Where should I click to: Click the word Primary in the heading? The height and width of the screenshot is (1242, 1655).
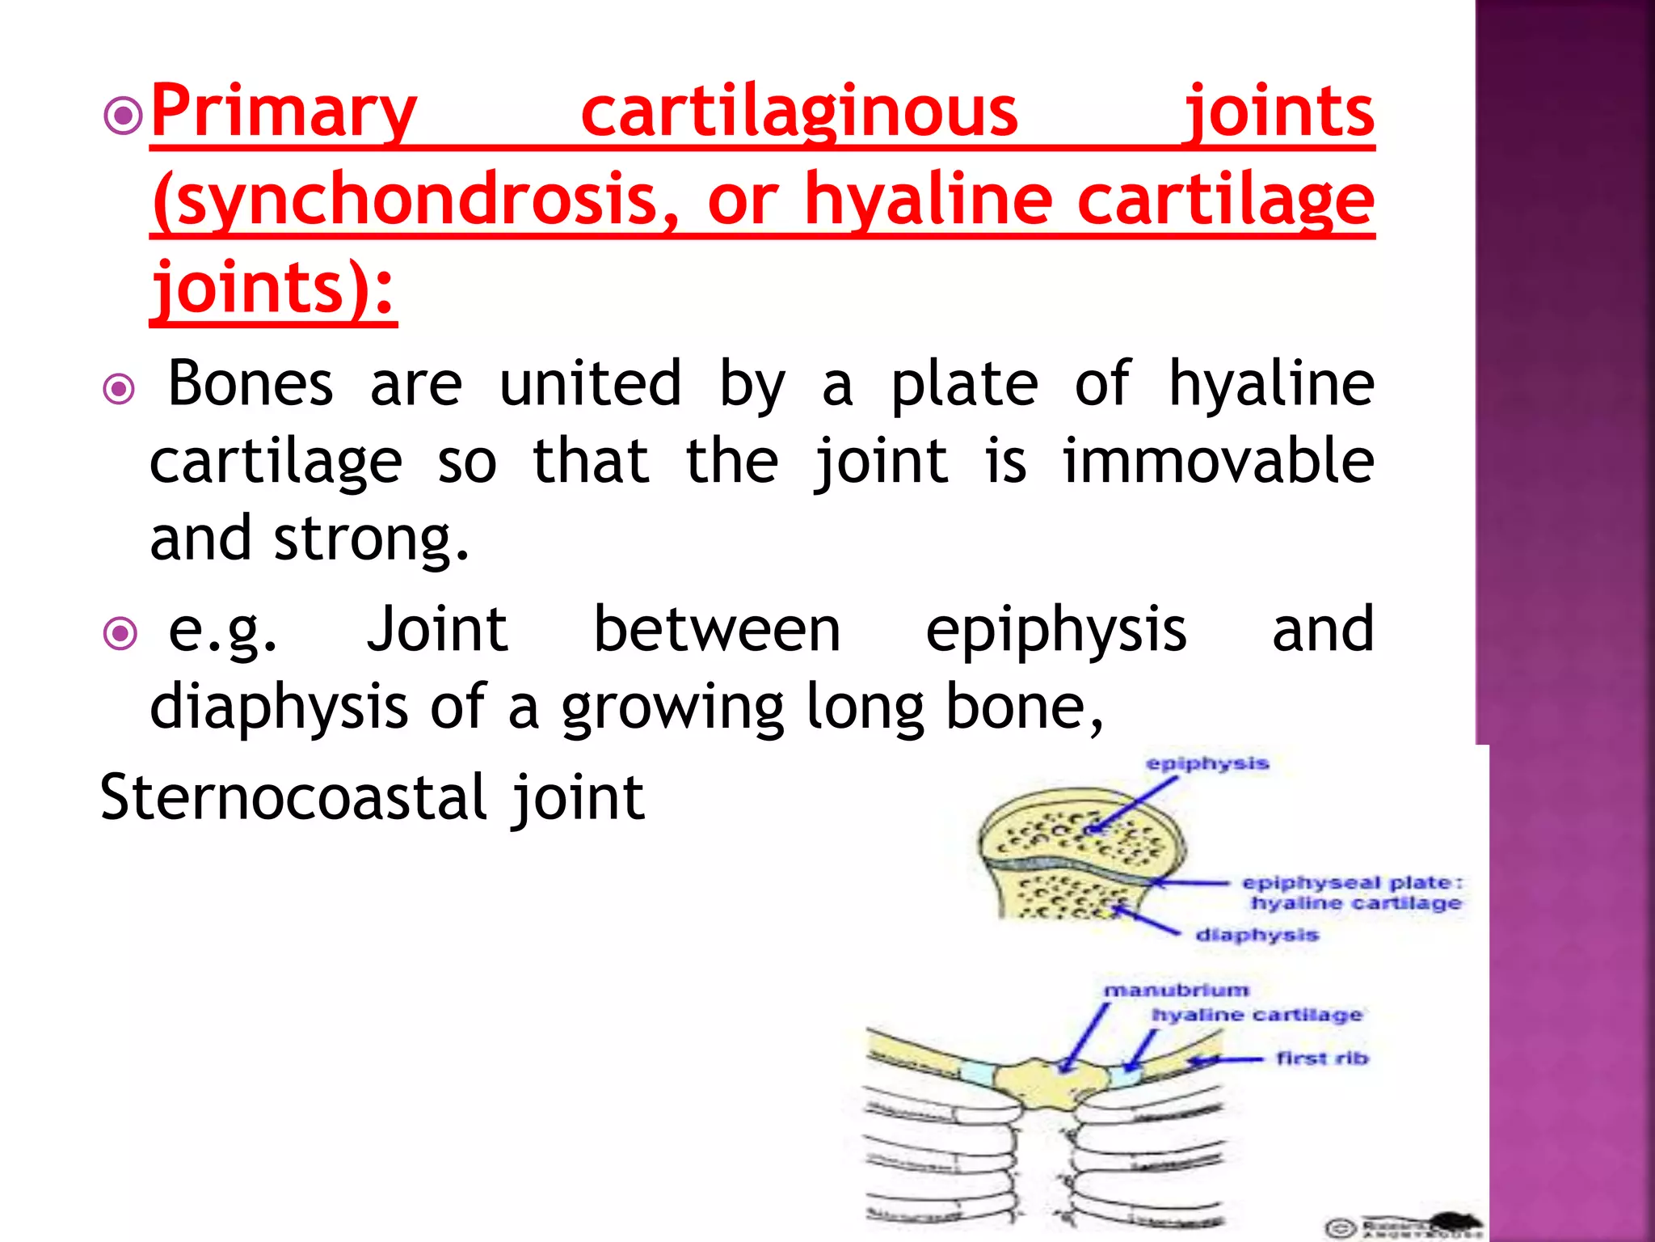pyautogui.click(x=283, y=113)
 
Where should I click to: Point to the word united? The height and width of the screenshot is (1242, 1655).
pyautogui.click(x=590, y=383)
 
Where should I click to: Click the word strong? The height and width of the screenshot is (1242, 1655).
pyautogui.click(x=371, y=539)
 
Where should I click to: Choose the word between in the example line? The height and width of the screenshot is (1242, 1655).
pyautogui.click(x=717, y=629)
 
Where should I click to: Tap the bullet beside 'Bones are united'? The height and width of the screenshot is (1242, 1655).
pyautogui.click(x=120, y=390)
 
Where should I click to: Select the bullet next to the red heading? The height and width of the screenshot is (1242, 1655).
pyautogui.click(x=123, y=117)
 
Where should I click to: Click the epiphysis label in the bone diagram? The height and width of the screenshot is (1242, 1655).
pyautogui.click(x=1207, y=764)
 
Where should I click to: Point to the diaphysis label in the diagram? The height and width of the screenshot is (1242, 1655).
pyautogui.click(x=1257, y=936)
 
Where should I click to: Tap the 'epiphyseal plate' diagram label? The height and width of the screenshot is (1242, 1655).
pyautogui.click(x=1351, y=883)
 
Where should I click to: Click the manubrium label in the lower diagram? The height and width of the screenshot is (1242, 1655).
pyautogui.click(x=1176, y=991)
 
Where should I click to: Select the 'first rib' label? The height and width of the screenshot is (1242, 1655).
pyautogui.click(x=1322, y=1058)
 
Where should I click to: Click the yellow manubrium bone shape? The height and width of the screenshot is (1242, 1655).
pyautogui.click(x=1042, y=1079)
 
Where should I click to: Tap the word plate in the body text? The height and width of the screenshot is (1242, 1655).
pyautogui.click(x=964, y=383)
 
